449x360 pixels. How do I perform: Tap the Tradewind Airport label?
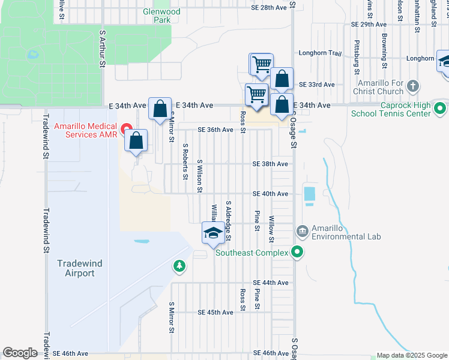pyautogui.click(x=76, y=268)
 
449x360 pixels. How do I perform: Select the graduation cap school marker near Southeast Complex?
pyautogui.click(x=212, y=232)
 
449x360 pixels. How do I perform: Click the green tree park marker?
pyautogui.click(x=178, y=265)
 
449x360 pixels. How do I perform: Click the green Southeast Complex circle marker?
pyautogui.click(x=297, y=253)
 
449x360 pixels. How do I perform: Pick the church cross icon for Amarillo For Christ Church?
pyautogui.click(x=412, y=86)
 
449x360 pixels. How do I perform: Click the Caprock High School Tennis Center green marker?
pyautogui.click(x=439, y=109)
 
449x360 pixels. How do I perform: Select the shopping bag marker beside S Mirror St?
pyautogui.click(x=160, y=109)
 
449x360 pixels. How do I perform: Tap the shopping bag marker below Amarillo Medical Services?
pyautogui.click(x=137, y=142)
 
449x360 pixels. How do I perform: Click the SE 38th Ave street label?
pyautogui.click(x=270, y=164)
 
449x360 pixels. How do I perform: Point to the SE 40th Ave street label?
pyautogui.click(x=270, y=194)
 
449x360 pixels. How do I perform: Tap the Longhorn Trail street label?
pyautogui.click(x=319, y=53)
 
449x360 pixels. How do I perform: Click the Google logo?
pyautogui.click(x=20, y=353)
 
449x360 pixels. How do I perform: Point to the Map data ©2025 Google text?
pyautogui.click(x=411, y=355)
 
